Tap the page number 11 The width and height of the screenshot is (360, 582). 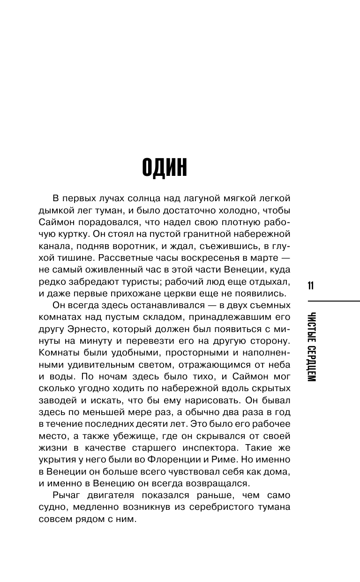coord(311,286)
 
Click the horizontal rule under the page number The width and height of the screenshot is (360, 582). coord(333,301)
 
